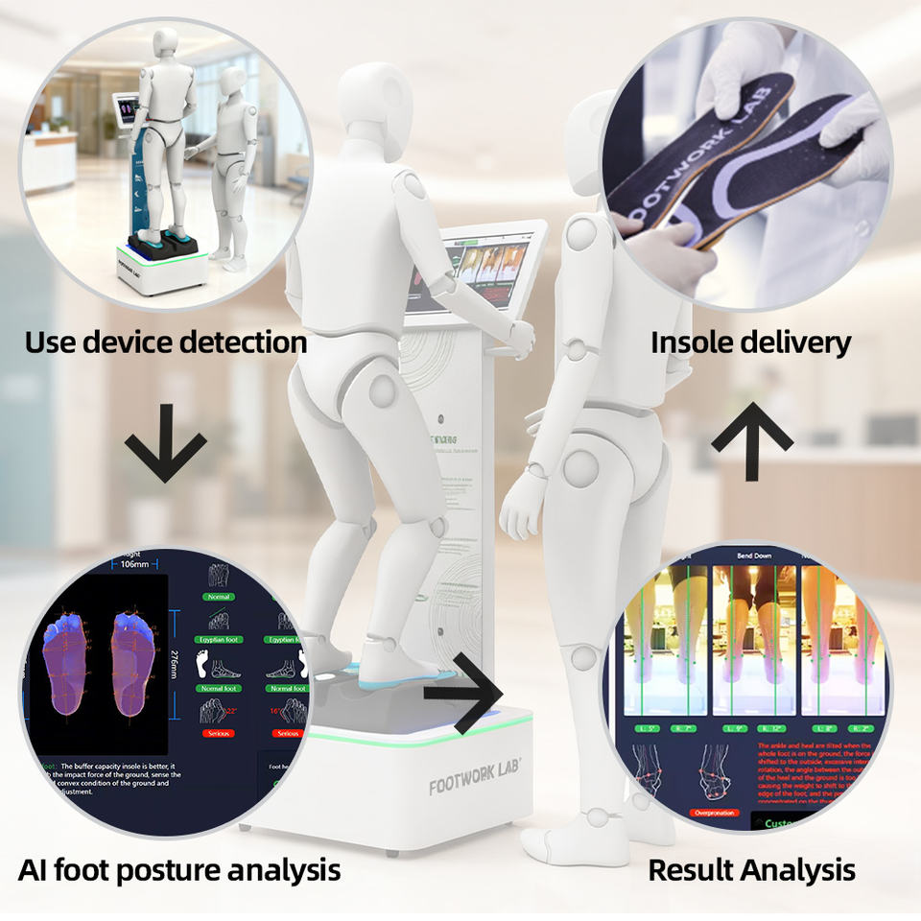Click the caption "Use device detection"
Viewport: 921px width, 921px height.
(166, 342)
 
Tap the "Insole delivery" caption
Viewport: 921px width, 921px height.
(751, 342)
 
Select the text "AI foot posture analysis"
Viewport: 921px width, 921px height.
(179, 870)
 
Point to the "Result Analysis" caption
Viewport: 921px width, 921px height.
(751, 870)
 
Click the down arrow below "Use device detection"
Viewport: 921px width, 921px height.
(165, 443)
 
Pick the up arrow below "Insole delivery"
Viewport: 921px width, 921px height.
(751, 429)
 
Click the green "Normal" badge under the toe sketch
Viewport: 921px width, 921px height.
(219, 597)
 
